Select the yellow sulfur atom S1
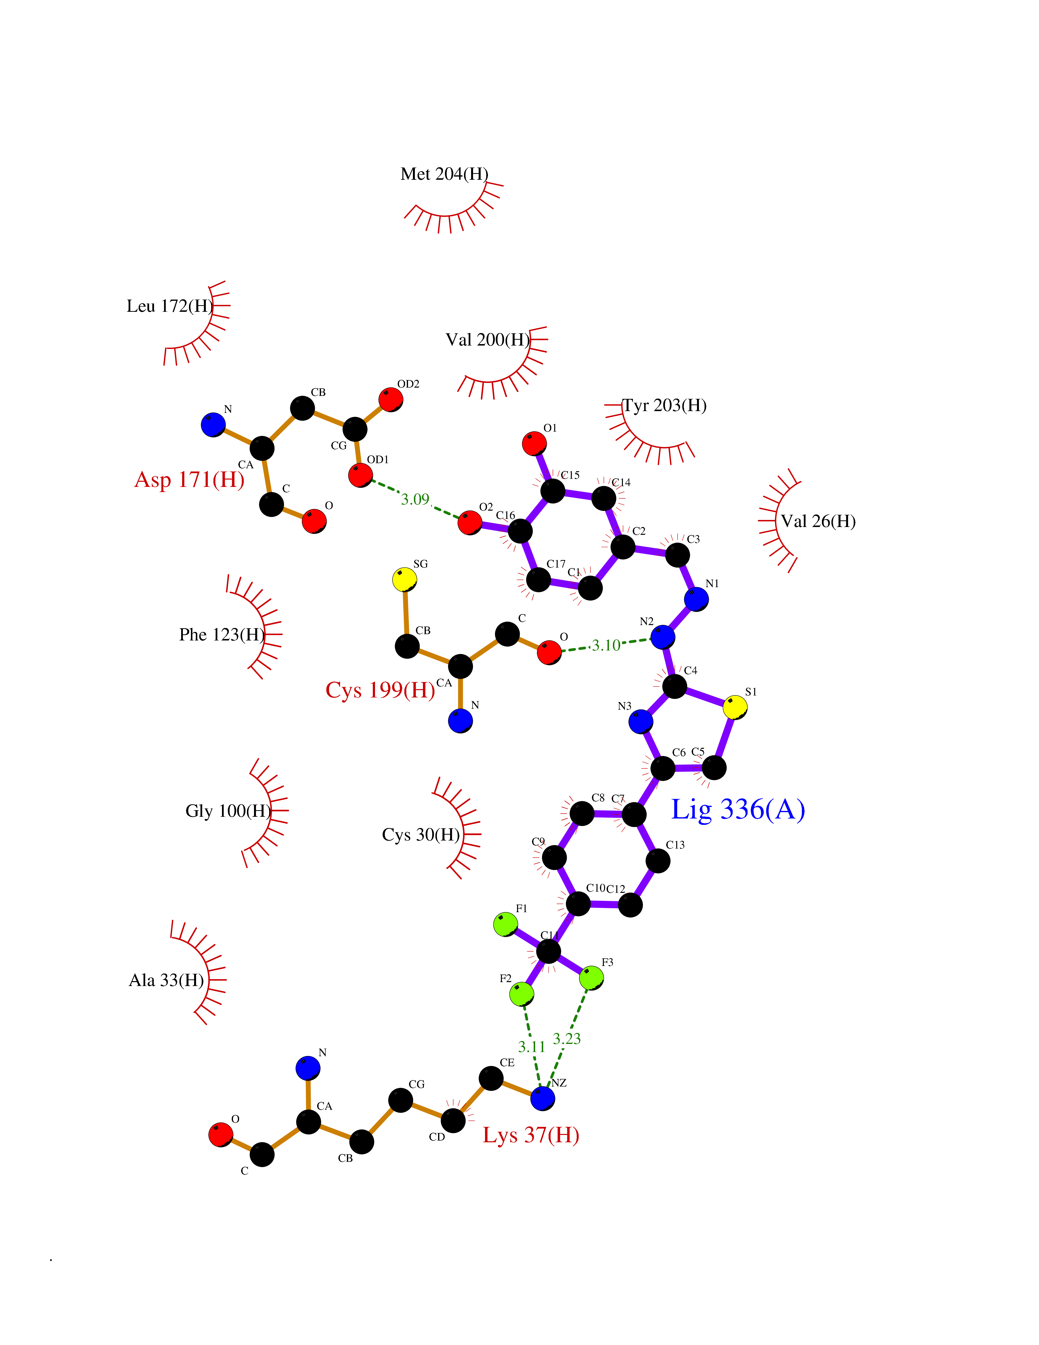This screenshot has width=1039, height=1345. point(735,707)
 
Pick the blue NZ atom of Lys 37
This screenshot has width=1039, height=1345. point(542,1098)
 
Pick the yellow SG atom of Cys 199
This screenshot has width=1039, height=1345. point(404,580)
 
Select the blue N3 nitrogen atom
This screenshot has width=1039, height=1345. point(641,721)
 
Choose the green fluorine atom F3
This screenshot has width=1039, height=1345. point(592,978)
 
